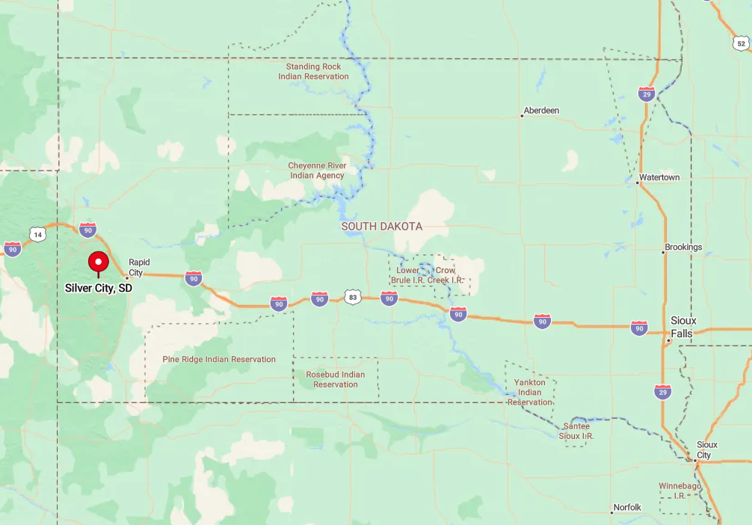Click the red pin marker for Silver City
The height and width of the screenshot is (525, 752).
coord(98,262)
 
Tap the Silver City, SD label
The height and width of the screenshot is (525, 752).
coord(98,288)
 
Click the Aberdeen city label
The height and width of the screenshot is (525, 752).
coord(541,111)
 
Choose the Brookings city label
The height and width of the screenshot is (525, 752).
coord(683,248)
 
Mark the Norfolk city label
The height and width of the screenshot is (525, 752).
coord(627,507)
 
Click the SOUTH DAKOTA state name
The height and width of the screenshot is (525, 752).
coord(381,227)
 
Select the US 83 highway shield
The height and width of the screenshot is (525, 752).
coord(353,298)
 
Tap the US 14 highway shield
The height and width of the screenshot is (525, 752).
coord(37,235)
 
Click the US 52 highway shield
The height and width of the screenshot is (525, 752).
coord(740,44)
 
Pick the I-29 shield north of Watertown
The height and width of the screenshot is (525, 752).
coord(647,93)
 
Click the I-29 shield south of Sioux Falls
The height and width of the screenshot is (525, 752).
coord(662,391)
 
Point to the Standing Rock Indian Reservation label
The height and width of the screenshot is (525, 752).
coord(313,72)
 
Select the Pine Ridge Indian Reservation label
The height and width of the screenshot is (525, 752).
coord(219,360)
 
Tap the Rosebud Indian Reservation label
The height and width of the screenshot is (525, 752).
coord(336,380)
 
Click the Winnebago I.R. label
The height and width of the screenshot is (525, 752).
coord(679,491)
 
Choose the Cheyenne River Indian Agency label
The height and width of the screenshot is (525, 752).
coord(317,171)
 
